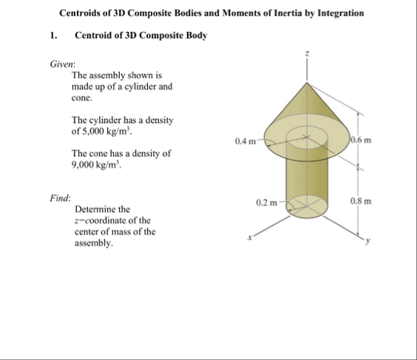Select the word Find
pos(60,197)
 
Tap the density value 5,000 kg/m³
pos(105,132)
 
